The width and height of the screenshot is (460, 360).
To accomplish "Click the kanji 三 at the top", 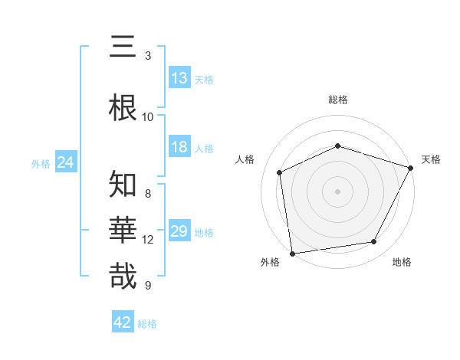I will coord(123,47).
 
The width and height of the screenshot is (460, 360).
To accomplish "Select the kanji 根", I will coord(123,106).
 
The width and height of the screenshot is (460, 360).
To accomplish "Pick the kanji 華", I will coord(123,230).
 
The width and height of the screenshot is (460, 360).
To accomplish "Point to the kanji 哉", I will coord(123,276).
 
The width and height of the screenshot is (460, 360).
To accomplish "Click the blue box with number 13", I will coord(179,78).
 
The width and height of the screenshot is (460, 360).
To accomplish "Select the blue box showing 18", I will coord(179,147).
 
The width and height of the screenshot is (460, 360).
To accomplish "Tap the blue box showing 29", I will coord(179,231).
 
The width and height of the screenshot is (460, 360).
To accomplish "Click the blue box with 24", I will coord(65,162).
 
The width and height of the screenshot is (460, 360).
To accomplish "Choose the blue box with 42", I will coord(123,322).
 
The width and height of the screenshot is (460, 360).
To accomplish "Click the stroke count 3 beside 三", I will coord(148,56).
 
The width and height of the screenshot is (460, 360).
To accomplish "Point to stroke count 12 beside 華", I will coord(148,240).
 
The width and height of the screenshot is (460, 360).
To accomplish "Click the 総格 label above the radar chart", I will coord(338,100).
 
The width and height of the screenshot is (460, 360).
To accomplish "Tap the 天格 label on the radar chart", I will coord(431,159).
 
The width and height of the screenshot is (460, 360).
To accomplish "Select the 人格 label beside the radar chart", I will coord(245,159).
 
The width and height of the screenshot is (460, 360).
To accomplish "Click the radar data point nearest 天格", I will coord(411,168).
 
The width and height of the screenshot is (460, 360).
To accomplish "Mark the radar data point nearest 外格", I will coord(292,253).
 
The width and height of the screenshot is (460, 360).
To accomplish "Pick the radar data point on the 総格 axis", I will coord(338,146).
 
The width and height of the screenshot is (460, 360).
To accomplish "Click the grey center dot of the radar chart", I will coord(338,191).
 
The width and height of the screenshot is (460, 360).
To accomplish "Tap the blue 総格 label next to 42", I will coord(147,324).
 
